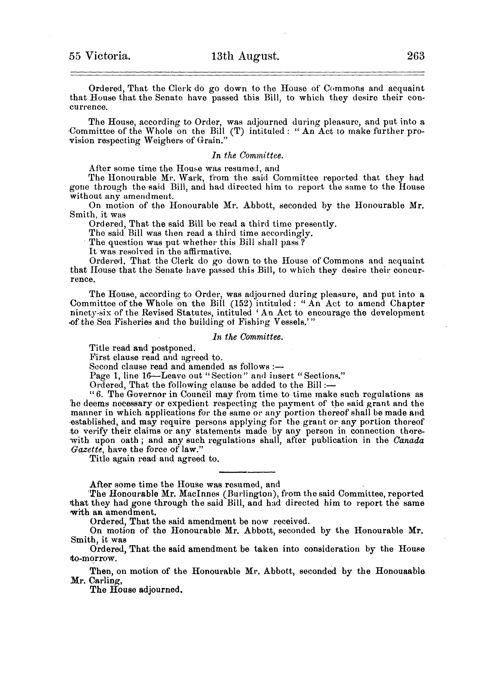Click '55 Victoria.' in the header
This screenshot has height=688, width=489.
100,56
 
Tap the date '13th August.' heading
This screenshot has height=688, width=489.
246,56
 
